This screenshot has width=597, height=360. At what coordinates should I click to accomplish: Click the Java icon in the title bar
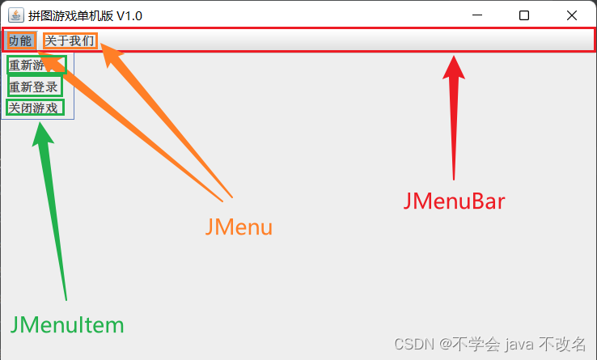click(15, 15)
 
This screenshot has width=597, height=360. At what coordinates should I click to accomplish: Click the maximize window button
click(524, 15)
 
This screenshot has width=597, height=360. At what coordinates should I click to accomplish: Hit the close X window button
click(572, 15)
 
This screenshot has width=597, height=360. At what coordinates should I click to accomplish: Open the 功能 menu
click(20, 40)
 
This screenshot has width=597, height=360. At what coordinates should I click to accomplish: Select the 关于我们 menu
click(70, 40)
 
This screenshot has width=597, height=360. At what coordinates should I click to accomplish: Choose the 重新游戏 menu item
click(36, 66)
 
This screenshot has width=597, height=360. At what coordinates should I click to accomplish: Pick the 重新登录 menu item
click(34, 87)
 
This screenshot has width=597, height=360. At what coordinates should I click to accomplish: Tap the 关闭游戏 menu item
click(34, 108)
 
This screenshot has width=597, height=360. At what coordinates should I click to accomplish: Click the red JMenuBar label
click(454, 201)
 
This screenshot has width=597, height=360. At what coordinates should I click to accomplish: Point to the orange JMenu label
click(239, 227)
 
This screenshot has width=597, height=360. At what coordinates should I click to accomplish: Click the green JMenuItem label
click(67, 325)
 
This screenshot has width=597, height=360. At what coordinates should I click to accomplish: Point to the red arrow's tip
click(455, 57)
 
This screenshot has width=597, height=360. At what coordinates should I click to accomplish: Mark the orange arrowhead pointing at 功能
click(40, 53)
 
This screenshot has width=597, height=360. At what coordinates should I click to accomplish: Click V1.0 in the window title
click(129, 15)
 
